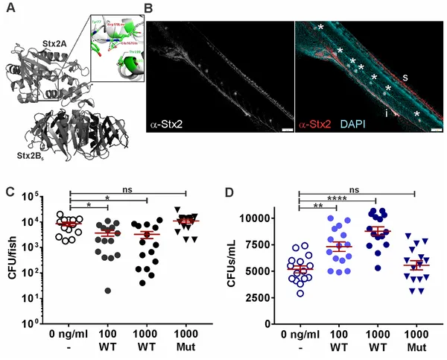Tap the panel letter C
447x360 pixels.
[x=10, y=192]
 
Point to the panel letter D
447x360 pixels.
[x=230, y=192]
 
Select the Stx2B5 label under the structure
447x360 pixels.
[x=30, y=156]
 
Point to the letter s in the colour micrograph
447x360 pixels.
[x=405, y=77]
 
